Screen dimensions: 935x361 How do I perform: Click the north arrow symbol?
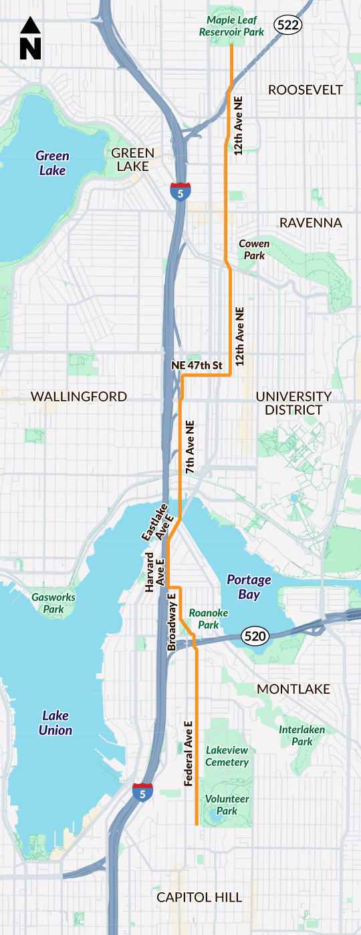[31, 39]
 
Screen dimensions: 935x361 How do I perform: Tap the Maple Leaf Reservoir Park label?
[231, 25]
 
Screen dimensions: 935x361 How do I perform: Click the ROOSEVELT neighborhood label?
[305, 90]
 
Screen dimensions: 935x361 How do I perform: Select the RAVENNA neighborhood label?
[310, 222]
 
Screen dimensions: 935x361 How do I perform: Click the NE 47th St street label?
[197, 365]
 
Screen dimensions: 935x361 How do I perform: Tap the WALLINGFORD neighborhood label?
[79, 397]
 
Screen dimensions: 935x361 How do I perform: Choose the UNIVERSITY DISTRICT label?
[293, 403]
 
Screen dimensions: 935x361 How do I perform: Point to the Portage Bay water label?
[249, 586]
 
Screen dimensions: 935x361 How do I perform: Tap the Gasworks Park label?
[53, 603]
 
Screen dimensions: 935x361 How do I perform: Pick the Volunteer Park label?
[227, 805]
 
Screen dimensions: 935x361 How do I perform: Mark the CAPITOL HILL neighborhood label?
[199, 897]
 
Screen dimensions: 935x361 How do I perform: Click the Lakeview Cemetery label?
[227, 756]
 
